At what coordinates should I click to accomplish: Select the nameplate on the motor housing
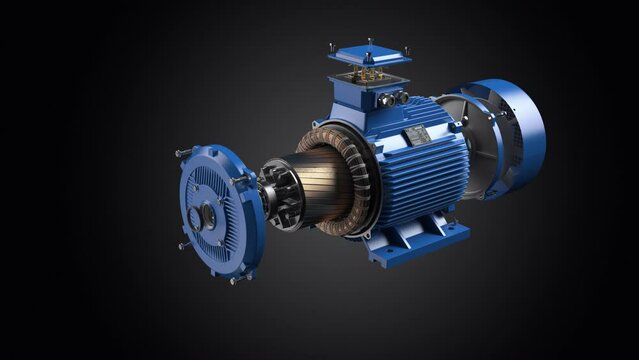coord(417,135)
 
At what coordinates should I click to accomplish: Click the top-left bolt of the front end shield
coord(183,153)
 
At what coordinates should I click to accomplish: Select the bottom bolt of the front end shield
coord(234,281)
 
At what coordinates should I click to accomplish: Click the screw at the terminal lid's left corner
coord(331,47)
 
